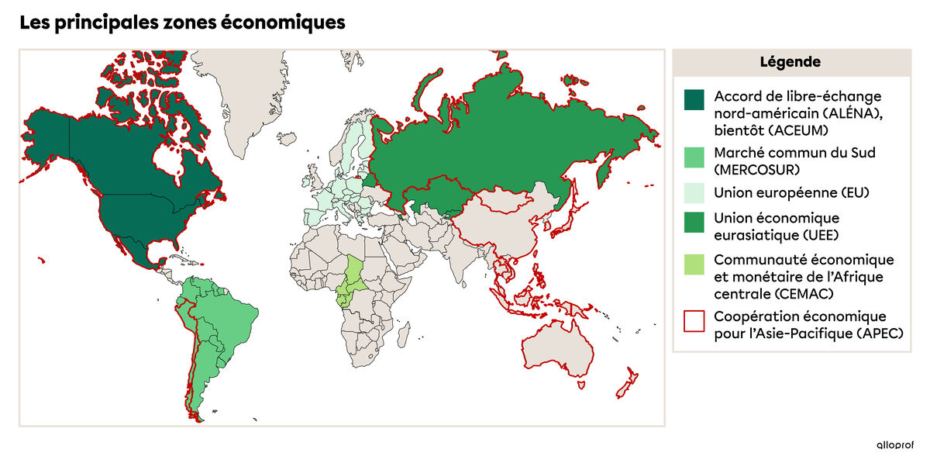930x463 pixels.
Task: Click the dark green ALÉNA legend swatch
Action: coord(694,99)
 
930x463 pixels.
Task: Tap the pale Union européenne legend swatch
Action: coord(694,192)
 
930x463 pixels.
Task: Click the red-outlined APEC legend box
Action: coord(694,320)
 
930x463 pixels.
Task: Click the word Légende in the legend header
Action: coord(790,62)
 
